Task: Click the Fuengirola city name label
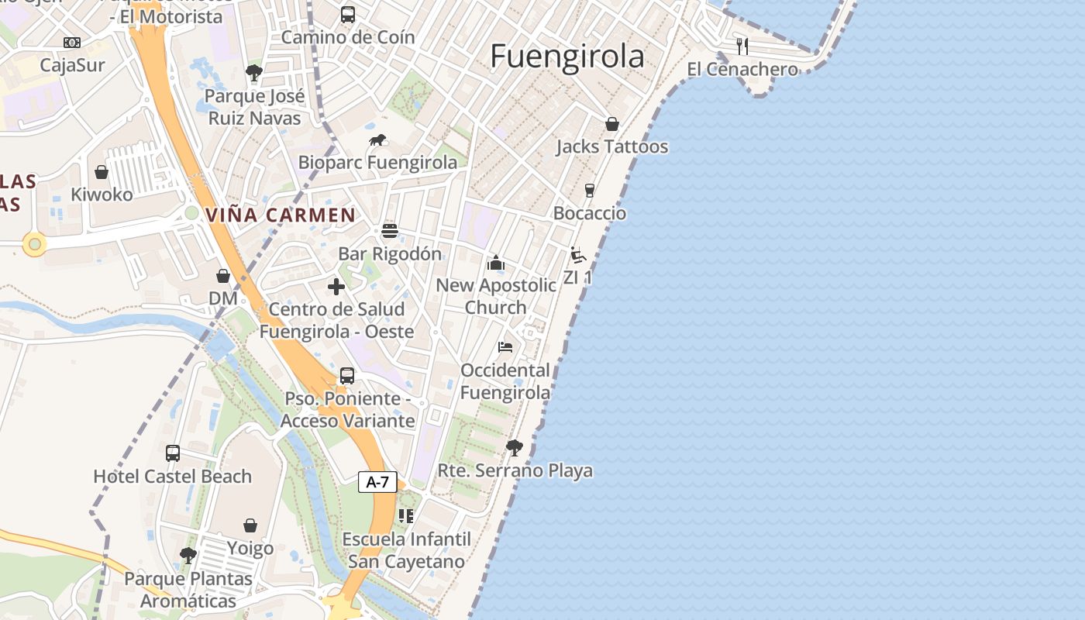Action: coord(567,57)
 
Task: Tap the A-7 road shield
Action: coord(377,482)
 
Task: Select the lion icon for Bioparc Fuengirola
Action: coord(377,140)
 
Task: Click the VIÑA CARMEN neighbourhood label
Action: coord(281,215)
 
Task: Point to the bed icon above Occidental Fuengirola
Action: coord(505,347)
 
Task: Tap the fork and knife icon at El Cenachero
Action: coord(742,46)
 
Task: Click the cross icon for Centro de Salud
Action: coord(336,287)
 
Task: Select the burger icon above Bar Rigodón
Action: coord(390,231)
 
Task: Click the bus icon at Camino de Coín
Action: coord(348,14)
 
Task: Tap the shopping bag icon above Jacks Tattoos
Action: coord(611,124)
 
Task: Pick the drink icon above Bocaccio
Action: coord(590,191)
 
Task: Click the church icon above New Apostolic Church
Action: coord(496,263)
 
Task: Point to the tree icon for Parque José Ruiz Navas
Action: coord(253,74)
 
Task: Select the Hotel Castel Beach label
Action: coord(173,477)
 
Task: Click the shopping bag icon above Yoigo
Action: coord(250,526)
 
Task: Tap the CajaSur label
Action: coord(72,65)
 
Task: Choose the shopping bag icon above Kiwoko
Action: coord(102,172)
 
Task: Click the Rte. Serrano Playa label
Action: coord(515,470)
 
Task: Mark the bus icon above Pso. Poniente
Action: coord(347,376)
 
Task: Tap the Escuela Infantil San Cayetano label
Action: coord(406,550)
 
